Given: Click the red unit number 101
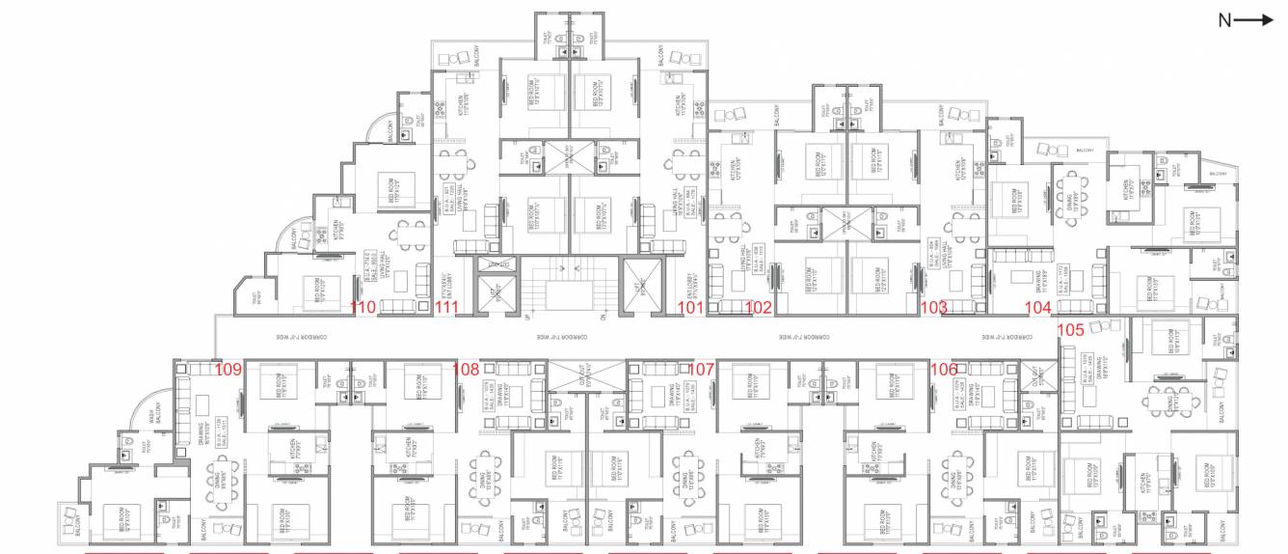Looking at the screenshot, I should point(690,309).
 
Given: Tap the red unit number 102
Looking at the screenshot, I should point(759,309).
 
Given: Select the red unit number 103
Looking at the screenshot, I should point(933,309).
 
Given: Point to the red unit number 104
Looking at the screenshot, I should point(1037,309).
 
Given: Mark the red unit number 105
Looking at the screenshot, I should point(1071,329).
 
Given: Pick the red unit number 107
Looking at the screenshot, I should point(701,369).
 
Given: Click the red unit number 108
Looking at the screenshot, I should point(465,369).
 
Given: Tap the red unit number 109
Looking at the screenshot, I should point(228,369).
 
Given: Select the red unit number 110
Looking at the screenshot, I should point(362,309).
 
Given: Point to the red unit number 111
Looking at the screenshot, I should point(446,309).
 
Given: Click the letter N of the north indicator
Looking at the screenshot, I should point(1224,20).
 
